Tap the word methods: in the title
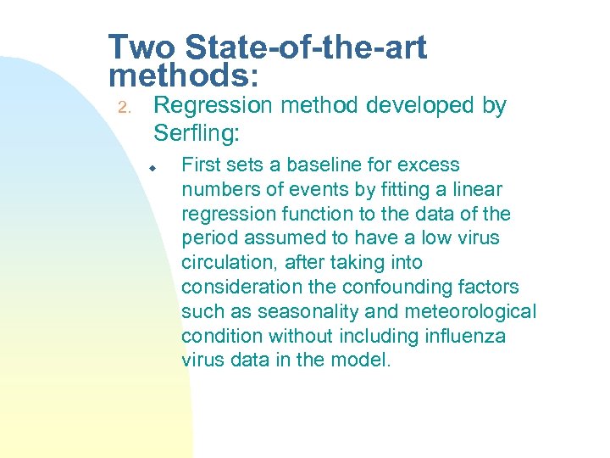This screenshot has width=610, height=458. click(184, 75)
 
